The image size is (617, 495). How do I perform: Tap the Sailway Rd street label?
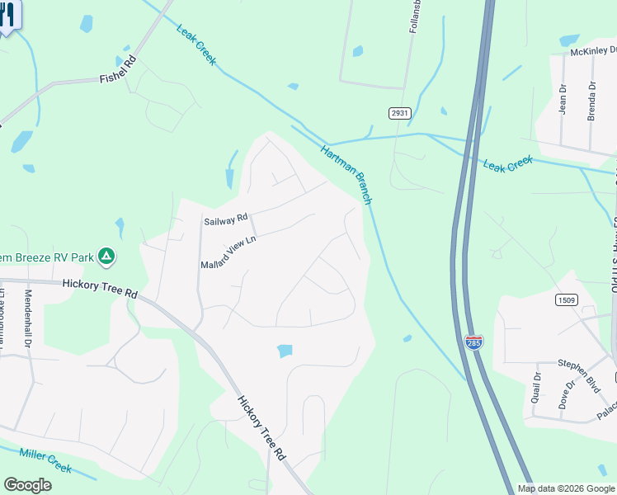226,219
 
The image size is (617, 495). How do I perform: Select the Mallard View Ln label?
229,252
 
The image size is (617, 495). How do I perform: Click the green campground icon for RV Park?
106,257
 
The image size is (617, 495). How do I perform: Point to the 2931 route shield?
399,112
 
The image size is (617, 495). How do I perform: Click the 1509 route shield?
565,299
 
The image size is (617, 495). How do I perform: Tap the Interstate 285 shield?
473,342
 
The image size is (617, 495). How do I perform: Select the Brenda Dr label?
591,101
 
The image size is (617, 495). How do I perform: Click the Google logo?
27,485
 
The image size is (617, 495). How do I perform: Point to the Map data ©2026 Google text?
566,488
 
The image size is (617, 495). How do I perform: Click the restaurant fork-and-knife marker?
8,15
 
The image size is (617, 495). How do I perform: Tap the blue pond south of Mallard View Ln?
285,351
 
